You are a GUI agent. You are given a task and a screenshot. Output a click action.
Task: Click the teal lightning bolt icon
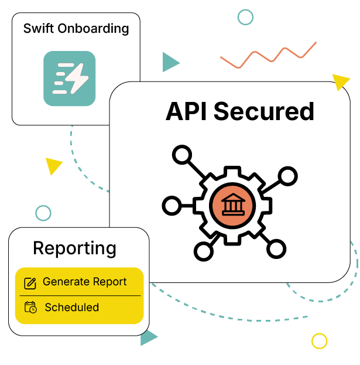click(69, 79)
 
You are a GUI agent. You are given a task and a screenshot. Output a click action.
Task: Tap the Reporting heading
click(74, 248)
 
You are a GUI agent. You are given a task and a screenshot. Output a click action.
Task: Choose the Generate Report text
click(84, 282)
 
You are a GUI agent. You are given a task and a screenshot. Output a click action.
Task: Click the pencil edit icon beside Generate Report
click(30, 284)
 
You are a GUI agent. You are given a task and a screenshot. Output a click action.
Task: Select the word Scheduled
click(71, 308)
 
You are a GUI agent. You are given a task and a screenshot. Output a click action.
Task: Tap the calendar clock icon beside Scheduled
click(30, 308)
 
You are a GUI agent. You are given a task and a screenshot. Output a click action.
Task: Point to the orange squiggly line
click(268, 56)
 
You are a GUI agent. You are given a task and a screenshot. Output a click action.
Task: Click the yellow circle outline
click(319, 340)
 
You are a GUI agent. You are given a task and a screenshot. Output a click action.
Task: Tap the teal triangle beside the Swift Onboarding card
click(170, 62)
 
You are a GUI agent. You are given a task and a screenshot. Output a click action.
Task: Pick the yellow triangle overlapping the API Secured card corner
click(340, 81)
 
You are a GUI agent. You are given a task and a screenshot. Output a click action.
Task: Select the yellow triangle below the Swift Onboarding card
click(53, 166)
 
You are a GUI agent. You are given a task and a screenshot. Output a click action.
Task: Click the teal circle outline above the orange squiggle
click(245, 17)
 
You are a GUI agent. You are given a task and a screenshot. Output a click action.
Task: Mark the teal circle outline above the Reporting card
click(43, 213)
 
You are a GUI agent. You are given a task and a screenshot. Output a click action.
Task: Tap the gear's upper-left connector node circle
click(182, 155)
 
